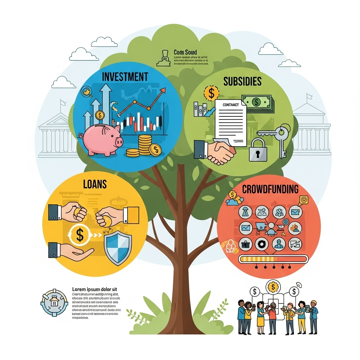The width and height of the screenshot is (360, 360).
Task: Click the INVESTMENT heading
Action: [x=125, y=76]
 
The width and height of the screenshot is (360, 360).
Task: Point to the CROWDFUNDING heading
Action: [x=270, y=189]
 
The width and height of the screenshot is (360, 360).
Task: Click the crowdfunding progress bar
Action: [x=273, y=259]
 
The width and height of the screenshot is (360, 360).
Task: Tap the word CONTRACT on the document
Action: [x=231, y=105]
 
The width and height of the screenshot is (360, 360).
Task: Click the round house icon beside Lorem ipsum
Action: [x=54, y=303]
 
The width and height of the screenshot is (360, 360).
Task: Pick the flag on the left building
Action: [x=63, y=103]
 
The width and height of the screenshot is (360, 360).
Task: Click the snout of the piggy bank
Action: [x=119, y=142]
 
